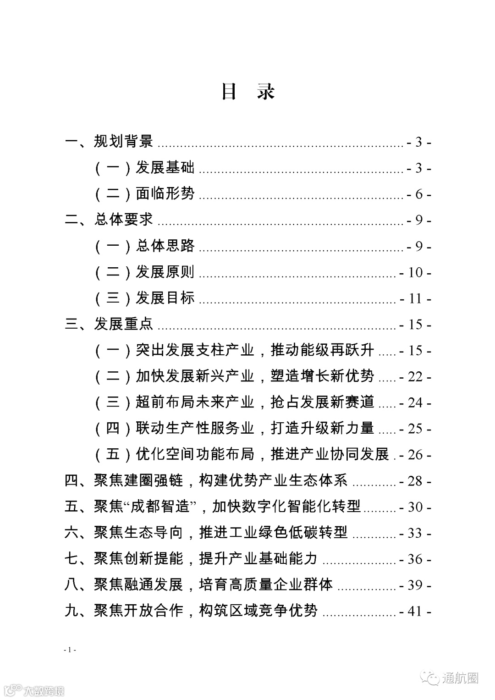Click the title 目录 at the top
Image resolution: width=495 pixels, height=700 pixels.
247,91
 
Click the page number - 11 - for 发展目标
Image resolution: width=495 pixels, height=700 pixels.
415,299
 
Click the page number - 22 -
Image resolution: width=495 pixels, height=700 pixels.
415,377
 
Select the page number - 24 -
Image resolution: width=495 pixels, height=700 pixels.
415,403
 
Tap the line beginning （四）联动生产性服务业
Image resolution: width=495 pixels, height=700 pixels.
234,429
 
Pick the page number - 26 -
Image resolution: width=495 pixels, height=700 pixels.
415,455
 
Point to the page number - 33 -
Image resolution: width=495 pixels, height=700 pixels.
415,533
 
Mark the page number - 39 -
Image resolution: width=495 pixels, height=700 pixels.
415,585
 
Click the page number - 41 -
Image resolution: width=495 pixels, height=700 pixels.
415,612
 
